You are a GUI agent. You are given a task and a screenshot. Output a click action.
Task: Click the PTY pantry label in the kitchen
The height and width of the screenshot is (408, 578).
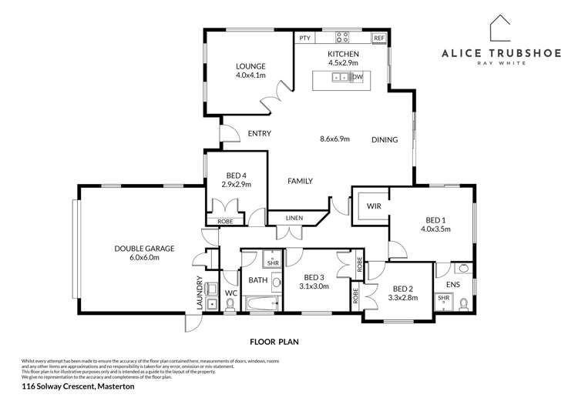[x=304, y=37]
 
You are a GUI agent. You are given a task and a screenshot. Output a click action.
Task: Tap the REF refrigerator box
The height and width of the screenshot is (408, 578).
[x=378, y=37]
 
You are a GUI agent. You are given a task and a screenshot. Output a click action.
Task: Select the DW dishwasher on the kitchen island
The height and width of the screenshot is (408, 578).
[x=357, y=78]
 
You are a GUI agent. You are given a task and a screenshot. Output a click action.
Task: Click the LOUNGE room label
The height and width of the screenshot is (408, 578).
[x=250, y=66]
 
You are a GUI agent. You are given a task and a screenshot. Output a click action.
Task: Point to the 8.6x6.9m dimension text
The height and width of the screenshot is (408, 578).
[x=334, y=139]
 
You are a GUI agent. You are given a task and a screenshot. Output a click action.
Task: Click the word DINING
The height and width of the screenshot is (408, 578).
[x=385, y=140]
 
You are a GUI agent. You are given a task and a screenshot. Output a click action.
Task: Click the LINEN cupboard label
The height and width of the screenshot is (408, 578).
[x=295, y=219]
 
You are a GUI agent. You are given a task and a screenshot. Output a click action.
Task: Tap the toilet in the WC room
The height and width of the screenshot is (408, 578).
[x=230, y=304]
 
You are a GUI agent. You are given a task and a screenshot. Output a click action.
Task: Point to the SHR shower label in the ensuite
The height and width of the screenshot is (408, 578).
[x=444, y=297]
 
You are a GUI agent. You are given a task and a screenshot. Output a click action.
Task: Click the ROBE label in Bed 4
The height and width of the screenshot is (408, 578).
[x=225, y=222]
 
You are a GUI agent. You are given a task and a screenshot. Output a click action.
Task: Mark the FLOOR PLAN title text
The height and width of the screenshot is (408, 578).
[x=274, y=340]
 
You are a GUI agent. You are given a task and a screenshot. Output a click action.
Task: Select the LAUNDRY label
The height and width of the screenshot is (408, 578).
[x=200, y=293]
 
